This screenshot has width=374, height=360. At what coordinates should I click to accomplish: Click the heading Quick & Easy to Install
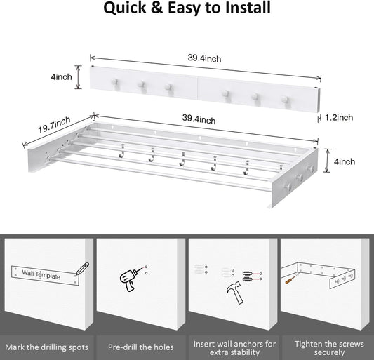tap(187, 8)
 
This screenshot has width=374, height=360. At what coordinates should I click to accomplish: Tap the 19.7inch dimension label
tap(54, 124)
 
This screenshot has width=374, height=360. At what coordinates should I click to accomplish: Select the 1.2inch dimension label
tap(339, 117)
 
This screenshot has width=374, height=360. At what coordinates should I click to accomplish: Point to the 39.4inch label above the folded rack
tap(204, 58)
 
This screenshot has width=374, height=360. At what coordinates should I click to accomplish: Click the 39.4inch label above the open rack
tap(199, 119)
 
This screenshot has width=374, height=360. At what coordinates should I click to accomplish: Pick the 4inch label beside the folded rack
tap(61, 76)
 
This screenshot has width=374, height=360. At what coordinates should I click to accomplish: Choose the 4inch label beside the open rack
tap(345, 161)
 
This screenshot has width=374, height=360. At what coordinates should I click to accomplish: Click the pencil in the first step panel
tap(82, 269)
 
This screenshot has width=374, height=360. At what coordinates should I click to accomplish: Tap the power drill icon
tap(132, 279)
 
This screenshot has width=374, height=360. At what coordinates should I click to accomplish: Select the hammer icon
tap(235, 292)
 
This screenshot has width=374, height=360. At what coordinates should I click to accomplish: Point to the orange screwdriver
tap(290, 279)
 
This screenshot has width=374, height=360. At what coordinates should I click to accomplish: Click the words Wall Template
tap(41, 274)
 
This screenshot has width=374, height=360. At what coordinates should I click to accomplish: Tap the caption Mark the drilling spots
tap(46, 347)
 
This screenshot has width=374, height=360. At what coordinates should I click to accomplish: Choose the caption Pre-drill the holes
tap(141, 347)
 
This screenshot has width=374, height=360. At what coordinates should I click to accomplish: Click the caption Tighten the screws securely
tap(329, 348)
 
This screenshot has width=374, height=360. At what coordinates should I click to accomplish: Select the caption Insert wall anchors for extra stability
tap(234, 348)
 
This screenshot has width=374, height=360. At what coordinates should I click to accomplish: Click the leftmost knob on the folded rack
tap(114, 81)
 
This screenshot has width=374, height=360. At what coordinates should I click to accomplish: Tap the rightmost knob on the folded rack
tap(285, 99)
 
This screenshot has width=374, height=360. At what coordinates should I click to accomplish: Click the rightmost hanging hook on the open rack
tap(247, 168)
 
